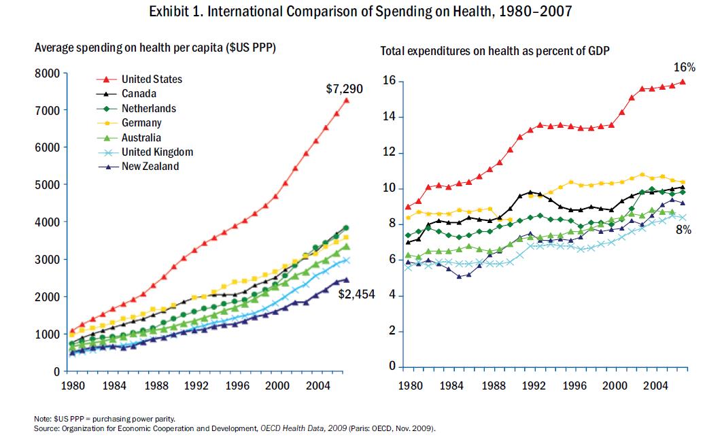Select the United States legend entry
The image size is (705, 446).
pos(152,80)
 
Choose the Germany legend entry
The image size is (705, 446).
pos(142,123)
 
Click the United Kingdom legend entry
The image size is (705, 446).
pos(157,152)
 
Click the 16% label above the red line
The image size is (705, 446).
pos(685,67)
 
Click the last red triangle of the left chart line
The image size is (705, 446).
pos(346,101)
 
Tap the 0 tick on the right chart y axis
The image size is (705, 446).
pos(392,367)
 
